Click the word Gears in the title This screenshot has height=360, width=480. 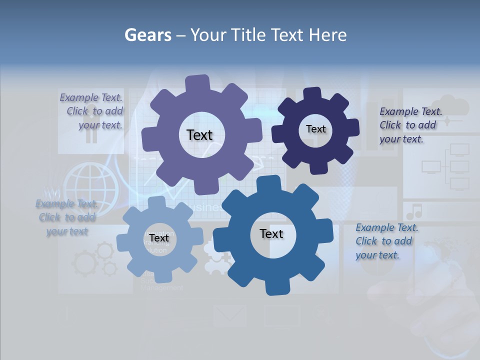(x=147, y=35)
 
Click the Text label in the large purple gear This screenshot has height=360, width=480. (x=199, y=135)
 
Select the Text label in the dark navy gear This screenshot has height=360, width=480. (x=315, y=129)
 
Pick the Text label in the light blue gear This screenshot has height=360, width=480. (x=158, y=238)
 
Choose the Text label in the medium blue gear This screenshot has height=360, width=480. (x=271, y=234)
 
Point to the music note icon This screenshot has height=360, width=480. (x=414, y=211)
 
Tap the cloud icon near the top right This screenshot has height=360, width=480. (x=456, y=106)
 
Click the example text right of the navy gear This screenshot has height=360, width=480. (x=410, y=125)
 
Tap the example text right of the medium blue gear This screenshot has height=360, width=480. (x=386, y=241)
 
